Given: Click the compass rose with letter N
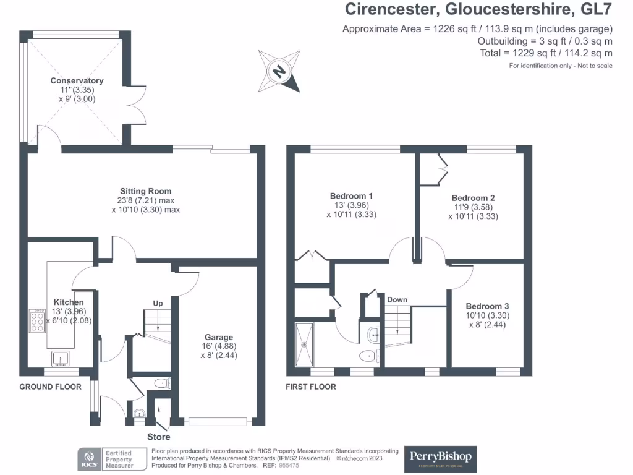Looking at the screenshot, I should pos(280,71).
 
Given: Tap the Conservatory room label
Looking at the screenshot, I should pos(77,81).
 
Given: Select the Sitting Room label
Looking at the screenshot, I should pos(146,191).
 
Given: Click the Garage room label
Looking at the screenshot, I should pos(219,338).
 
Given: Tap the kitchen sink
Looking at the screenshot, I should pos(61,357).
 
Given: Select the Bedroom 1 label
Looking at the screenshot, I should pos(351,196).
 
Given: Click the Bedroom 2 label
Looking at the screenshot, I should pos(473,198).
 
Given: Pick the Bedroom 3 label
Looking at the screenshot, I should pos(488,306).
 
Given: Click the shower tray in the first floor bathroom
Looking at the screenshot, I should pos(305,344).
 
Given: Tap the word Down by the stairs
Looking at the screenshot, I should pos(397,300).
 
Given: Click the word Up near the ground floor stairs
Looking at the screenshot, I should pos(158,303).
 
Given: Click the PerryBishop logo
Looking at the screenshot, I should pos(440,458).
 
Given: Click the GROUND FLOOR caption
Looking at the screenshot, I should pos(50,387).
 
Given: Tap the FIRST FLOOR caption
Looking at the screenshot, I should pos(311,387).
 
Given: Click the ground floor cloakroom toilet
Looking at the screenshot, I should pos(161,383).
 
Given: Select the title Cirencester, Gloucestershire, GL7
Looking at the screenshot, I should pos(478,9).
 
